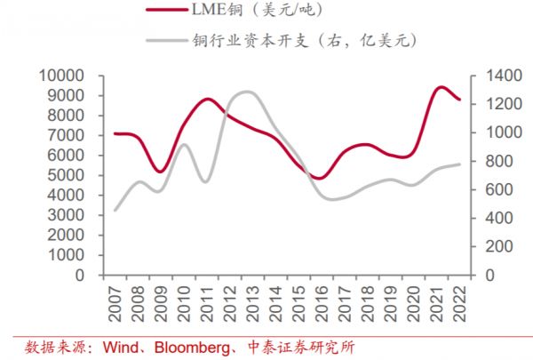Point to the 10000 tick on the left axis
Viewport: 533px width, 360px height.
pyautogui.click(x=60, y=75)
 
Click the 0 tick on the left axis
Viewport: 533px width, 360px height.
pyautogui.click(x=80, y=276)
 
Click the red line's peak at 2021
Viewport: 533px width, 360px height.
pyautogui.click(x=439, y=87)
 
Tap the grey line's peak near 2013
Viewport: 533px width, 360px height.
pyautogui.click(x=246, y=92)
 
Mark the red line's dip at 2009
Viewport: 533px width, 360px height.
pyautogui.click(x=160, y=172)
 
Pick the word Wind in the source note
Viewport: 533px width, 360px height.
pyautogui.click(x=119, y=346)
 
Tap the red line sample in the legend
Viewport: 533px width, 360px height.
pyautogui.click(x=171, y=11)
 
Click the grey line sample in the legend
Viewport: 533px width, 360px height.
pyautogui.click(x=171, y=40)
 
